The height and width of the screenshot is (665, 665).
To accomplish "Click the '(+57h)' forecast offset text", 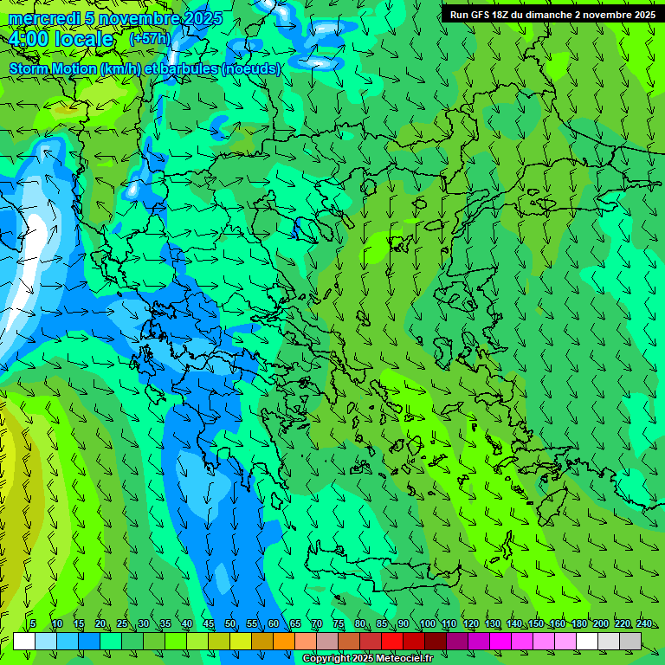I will [x=149, y=39].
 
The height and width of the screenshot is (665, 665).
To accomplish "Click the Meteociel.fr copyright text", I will [x=367, y=659].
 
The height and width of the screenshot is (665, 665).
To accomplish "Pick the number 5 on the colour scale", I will [x=33, y=624].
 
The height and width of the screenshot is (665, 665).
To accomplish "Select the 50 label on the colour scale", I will [x=230, y=624].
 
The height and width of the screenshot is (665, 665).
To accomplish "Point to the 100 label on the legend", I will [x=428, y=624].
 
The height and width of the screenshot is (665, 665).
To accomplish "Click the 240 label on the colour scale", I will [x=644, y=624].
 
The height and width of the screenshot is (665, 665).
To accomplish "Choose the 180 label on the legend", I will [x=579, y=624].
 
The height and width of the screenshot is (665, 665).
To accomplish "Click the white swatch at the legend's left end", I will [x=24, y=641].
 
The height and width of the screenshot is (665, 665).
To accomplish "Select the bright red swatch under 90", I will [x=392, y=641].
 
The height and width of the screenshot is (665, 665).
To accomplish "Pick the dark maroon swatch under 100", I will [x=436, y=641].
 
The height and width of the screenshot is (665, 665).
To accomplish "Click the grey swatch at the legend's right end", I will [x=630, y=641].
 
